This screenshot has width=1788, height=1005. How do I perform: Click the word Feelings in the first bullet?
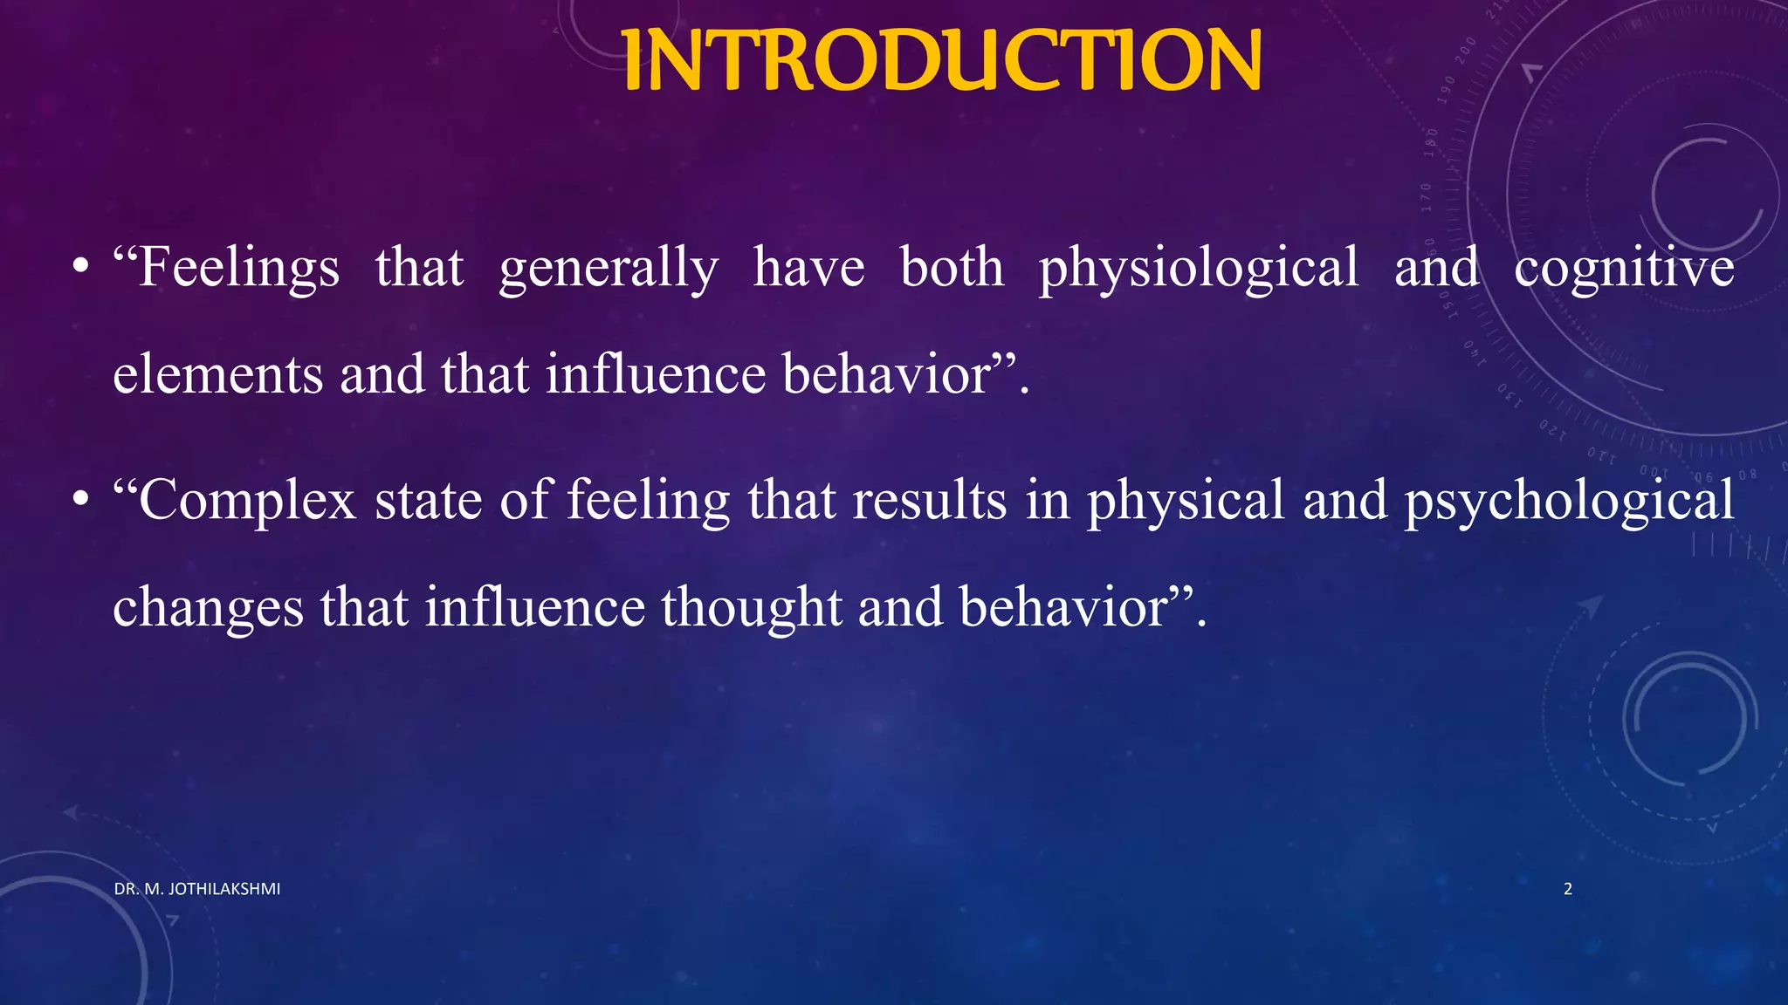coord(237,267)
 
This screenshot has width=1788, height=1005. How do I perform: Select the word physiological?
coord(1198,267)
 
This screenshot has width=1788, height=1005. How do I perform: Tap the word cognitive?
coord(1624,267)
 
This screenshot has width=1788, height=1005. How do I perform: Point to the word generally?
coord(609,267)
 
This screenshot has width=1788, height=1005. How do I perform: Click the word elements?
coord(218,374)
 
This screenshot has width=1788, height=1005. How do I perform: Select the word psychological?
coord(1569,500)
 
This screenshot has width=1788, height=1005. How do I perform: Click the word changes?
coord(208,606)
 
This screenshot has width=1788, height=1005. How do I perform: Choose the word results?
coord(929,500)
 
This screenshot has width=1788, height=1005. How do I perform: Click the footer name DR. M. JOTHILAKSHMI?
coord(197,889)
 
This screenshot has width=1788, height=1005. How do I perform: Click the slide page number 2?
coord(1567,889)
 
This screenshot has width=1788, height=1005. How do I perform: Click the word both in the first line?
coord(952,267)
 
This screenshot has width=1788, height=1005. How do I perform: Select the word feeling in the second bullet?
coord(648,500)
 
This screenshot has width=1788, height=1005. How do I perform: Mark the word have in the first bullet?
coord(808,267)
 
